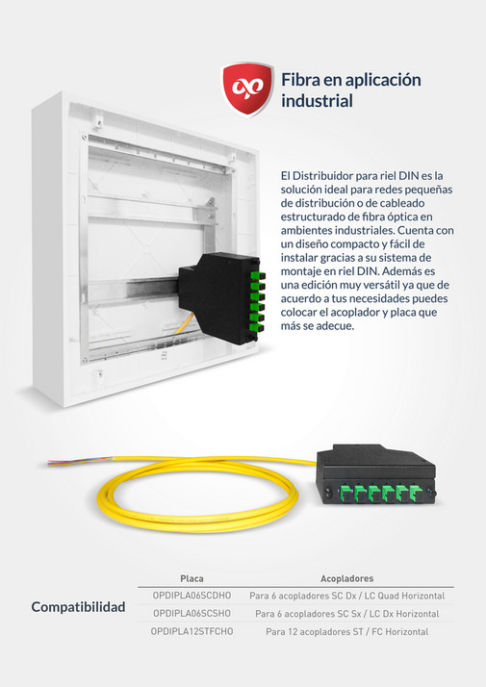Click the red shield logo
(247, 89)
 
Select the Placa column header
(192, 578)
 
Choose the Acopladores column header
(346, 578)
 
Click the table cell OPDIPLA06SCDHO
(192, 596)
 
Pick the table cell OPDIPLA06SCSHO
(192, 613)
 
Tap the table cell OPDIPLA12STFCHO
(192, 630)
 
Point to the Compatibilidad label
(79, 608)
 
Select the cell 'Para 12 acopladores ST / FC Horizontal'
(346, 630)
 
